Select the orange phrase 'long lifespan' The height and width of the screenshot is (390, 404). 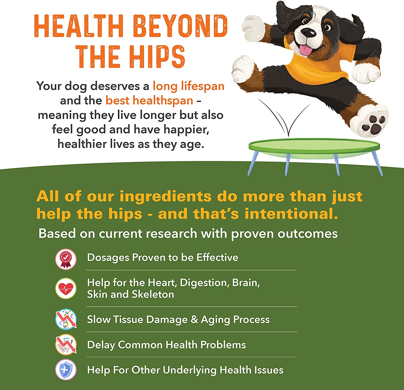189,86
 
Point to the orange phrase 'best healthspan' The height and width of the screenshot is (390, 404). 149,101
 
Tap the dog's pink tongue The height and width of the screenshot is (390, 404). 306,50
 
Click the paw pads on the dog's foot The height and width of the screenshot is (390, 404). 374,124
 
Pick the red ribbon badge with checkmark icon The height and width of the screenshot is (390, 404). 66,259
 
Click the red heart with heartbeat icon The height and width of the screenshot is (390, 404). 66,288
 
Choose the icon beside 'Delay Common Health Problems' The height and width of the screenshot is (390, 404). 66,345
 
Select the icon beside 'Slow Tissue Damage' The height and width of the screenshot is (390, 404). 66,319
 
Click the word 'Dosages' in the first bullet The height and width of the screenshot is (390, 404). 108,258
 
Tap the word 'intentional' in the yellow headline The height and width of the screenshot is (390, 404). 291,214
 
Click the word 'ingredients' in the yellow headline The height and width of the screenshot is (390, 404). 165,196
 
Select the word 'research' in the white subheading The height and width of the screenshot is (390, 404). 172,234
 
